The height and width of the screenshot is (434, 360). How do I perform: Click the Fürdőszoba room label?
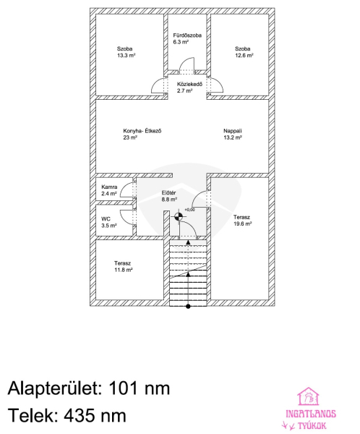click(187, 35)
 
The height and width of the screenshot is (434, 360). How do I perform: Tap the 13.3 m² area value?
click(127, 56)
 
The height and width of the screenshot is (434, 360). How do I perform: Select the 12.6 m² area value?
click(244, 56)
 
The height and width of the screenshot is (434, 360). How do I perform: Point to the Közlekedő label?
click(190, 84)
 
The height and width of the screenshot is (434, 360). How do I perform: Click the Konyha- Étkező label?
click(142, 131)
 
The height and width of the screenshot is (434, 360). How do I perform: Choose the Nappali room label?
click(233, 131)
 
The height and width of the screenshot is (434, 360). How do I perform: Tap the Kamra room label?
click(109, 187)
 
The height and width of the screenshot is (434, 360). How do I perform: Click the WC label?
click(106, 219)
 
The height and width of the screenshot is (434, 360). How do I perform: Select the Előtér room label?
click(168, 193)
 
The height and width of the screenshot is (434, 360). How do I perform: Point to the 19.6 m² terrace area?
click(243, 224)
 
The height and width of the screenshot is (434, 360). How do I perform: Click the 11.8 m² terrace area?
click(124, 270)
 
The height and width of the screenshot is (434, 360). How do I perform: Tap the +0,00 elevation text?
click(190, 210)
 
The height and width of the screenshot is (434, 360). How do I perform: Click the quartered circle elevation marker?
click(179, 217)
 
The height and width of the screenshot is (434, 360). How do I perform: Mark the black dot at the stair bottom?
click(188, 307)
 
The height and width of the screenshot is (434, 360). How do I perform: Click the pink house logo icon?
click(308, 396)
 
